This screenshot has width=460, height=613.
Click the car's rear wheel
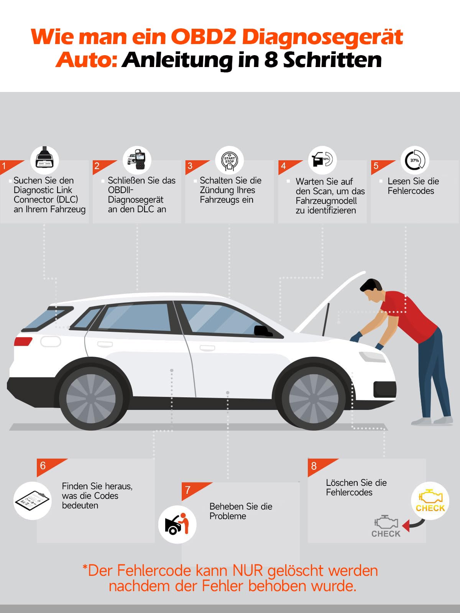91,398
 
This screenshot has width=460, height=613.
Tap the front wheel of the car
314,398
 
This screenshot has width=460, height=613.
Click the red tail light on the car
23,341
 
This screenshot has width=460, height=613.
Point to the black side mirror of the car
263,331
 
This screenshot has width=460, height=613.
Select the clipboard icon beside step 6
32,500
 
